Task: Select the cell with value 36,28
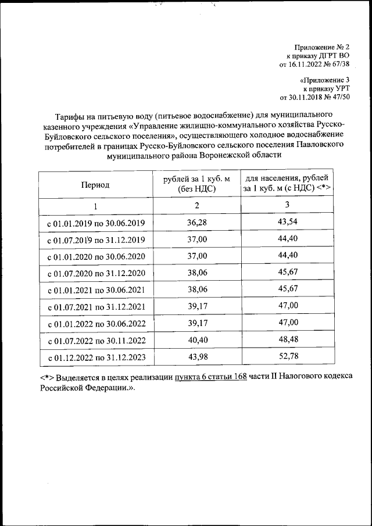coord(197,223)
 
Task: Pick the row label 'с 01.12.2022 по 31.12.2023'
coord(96,357)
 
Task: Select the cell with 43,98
coord(197,356)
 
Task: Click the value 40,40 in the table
coord(197,339)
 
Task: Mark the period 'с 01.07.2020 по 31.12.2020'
coord(96,273)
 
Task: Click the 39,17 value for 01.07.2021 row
coord(197,306)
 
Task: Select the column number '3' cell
coord(287,205)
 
